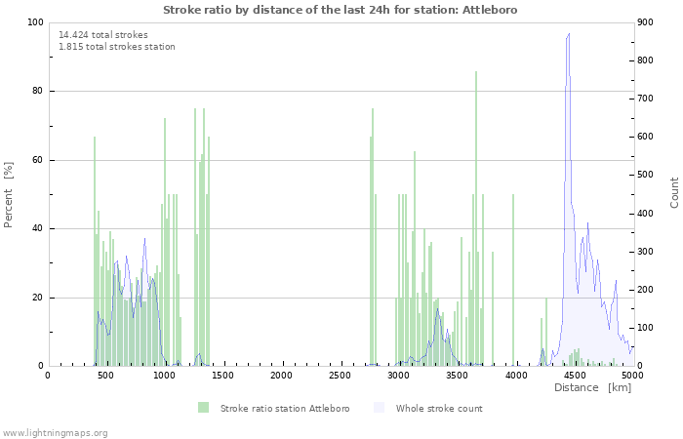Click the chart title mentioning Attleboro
point(341,10)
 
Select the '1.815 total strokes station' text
point(117,47)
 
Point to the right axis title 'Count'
point(674,192)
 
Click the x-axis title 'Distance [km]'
point(592,388)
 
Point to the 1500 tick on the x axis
point(223,375)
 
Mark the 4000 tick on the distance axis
point(516,375)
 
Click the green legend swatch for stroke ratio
point(203,408)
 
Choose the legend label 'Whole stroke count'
point(439,408)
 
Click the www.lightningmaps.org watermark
point(55,432)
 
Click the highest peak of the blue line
point(568,34)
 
